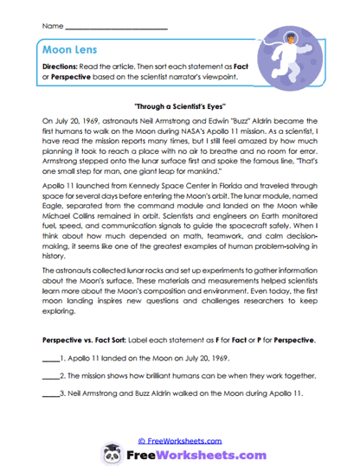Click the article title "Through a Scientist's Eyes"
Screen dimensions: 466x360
click(179, 104)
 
